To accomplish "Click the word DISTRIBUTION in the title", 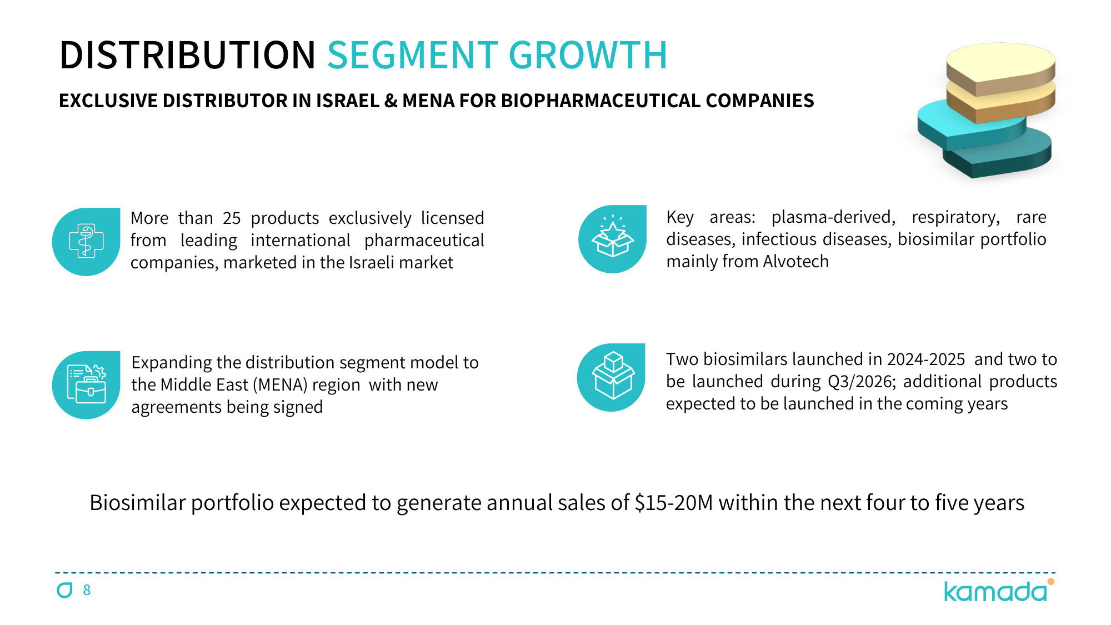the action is [x=188, y=55].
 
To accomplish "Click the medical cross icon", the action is [x=86, y=242].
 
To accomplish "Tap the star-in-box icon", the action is [x=612, y=239].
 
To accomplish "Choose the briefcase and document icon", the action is [x=86, y=384].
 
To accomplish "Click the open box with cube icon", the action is [x=611, y=377].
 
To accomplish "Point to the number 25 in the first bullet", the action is [x=232, y=218].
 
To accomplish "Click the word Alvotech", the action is [x=796, y=262].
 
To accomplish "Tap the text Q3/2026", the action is [x=861, y=382].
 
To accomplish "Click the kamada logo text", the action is [x=995, y=592].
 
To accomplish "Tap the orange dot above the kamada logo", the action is [x=1051, y=582].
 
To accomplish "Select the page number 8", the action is [x=87, y=590].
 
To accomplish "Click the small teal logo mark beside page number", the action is [x=65, y=590].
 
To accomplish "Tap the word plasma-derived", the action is [x=833, y=217].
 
